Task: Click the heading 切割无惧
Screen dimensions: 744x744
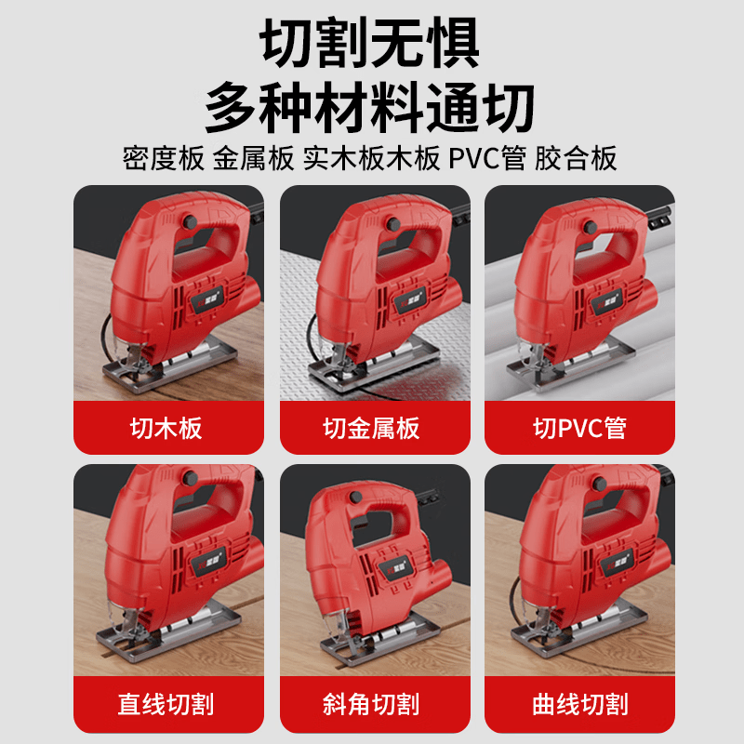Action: point(371,43)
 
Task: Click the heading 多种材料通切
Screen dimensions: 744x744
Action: point(371,108)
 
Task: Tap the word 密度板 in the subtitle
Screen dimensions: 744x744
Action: point(163,159)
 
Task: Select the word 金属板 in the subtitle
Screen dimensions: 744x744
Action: point(254,159)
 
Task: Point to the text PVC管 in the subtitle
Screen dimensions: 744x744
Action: point(487,159)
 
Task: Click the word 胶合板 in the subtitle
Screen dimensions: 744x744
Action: point(577,159)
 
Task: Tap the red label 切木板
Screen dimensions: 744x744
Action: point(166,428)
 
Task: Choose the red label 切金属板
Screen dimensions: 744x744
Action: point(371,428)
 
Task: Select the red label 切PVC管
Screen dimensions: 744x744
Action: point(578,428)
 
